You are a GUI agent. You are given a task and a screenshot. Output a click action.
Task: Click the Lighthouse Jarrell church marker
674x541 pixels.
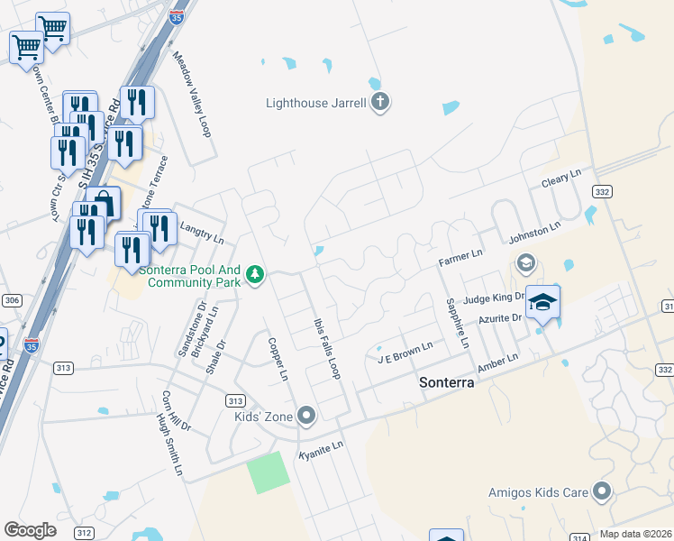point(379,102)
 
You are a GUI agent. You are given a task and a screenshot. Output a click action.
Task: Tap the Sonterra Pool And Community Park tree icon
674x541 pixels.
point(256,273)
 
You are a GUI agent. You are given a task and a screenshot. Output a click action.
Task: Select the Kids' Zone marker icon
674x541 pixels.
point(307,416)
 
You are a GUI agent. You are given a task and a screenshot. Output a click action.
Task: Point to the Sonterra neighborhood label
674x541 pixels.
point(448,382)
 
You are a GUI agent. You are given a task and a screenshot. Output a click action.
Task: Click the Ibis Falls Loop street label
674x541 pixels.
point(326,348)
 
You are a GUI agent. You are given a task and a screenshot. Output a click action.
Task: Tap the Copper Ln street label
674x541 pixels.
point(278,358)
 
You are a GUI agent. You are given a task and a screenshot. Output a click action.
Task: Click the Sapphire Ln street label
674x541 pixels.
point(456,322)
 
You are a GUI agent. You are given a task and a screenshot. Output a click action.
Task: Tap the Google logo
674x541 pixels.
point(30,530)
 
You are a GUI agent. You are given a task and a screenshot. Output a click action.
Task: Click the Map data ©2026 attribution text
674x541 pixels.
point(635,534)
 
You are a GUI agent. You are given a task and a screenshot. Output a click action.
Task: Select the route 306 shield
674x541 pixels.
point(11,300)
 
